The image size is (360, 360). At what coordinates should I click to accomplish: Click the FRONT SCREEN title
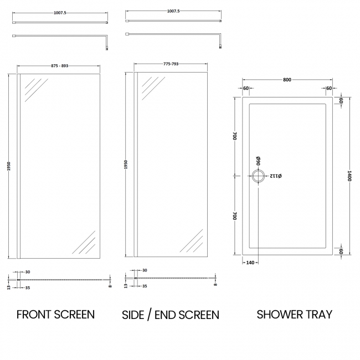pyautogui.click(x=55, y=315)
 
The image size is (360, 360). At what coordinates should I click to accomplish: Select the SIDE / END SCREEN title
pyautogui.click(x=171, y=315)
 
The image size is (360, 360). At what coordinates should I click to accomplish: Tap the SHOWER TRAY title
pyautogui.click(x=294, y=315)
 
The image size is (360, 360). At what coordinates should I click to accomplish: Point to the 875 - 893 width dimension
pyautogui.click(x=59, y=66)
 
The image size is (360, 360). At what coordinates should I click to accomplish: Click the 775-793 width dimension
pyautogui.click(x=171, y=64)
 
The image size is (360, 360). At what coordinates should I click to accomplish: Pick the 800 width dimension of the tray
pyautogui.click(x=287, y=80)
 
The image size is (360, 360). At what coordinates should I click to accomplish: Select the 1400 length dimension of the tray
pyautogui.click(x=349, y=176)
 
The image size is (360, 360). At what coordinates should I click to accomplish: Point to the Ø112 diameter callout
pyautogui.click(x=276, y=176)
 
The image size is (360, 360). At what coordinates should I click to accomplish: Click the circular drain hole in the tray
pyautogui.click(x=259, y=176)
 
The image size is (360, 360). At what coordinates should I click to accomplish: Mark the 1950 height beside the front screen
pyautogui.click(x=9, y=166)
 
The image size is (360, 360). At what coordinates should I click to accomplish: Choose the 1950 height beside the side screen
pyautogui.click(x=126, y=166)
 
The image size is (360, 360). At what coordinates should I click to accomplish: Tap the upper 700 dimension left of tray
pyautogui.click(x=235, y=136)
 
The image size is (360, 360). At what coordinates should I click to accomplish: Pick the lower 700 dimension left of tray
pyautogui.click(x=235, y=217)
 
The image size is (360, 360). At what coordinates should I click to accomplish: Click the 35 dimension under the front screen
pyautogui.click(x=28, y=288)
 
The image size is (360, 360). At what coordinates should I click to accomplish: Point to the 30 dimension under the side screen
pyautogui.click(x=145, y=270)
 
